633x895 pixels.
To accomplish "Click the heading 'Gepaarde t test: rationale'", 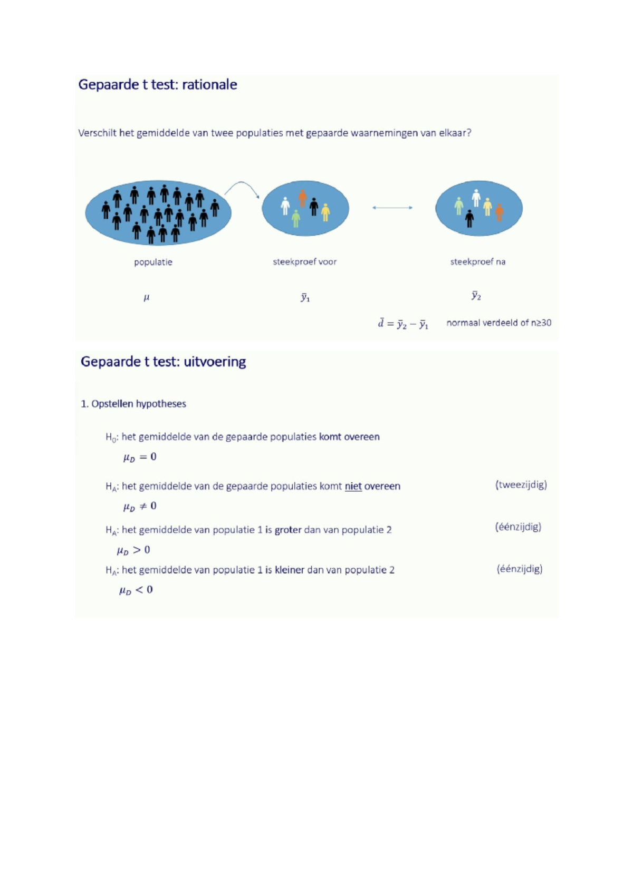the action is (158, 85).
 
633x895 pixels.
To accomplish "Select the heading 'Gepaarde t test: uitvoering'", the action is (163, 362).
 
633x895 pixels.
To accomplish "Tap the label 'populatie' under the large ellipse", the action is (153, 262).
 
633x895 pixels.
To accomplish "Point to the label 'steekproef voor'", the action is (305, 262).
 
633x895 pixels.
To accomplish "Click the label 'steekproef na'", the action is (478, 262).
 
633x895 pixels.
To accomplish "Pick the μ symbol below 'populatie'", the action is (146, 297).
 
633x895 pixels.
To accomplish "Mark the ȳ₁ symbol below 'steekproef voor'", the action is (305, 297).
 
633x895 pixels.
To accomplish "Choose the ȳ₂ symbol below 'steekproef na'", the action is (476, 296).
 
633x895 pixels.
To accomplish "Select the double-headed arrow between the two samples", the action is (392, 207).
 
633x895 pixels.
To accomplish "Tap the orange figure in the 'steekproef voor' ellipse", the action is (303, 198).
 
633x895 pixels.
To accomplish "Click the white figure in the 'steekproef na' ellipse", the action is (476, 198).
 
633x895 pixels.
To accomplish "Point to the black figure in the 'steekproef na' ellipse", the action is (469, 219).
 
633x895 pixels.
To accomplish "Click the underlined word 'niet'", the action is (353, 487).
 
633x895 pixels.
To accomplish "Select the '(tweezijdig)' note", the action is (521, 484).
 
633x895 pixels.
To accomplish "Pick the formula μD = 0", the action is (140, 457).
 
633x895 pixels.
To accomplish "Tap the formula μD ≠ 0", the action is (140, 507).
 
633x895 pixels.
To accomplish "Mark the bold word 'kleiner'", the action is (290, 570).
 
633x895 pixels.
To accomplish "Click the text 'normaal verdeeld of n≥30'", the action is (498, 323).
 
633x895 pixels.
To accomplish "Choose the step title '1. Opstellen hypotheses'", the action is (133, 404).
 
